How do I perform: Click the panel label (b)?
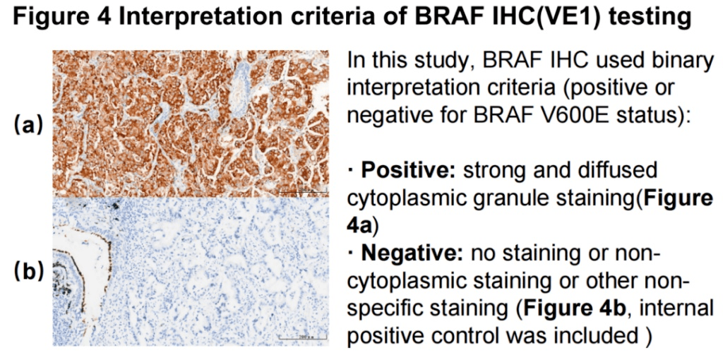click(x=29, y=271)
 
